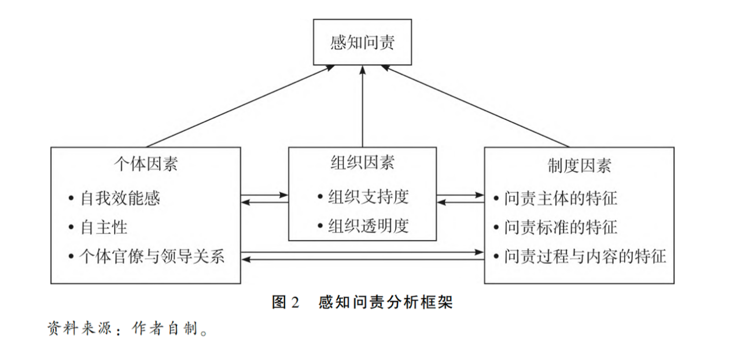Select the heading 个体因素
click(146, 164)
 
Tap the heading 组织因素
click(362, 162)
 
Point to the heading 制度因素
click(579, 166)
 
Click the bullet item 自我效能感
click(120, 198)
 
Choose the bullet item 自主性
click(104, 227)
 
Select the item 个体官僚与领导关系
click(152, 256)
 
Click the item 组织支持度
click(369, 196)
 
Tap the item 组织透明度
click(369, 226)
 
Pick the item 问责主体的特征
click(561, 198)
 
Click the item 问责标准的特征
click(561, 227)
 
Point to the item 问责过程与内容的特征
click(585, 256)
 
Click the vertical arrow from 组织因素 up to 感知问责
click(362, 106)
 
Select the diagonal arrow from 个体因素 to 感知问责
click(240, 106)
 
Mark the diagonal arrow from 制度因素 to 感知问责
click(476, 106)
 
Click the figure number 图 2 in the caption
click(285, 302)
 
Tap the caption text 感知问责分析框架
click(385, 302)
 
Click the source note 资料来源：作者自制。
click(128, 328)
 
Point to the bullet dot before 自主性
click(71, 227)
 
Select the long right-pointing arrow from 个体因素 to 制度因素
click(363, 252)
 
